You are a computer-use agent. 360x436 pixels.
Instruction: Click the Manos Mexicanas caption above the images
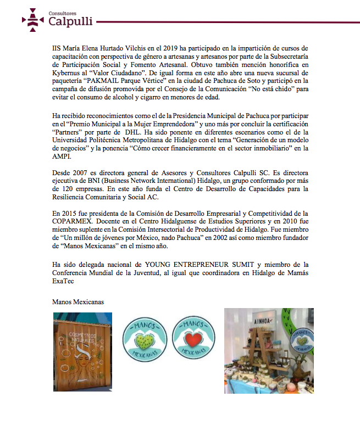tap(77, 303)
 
